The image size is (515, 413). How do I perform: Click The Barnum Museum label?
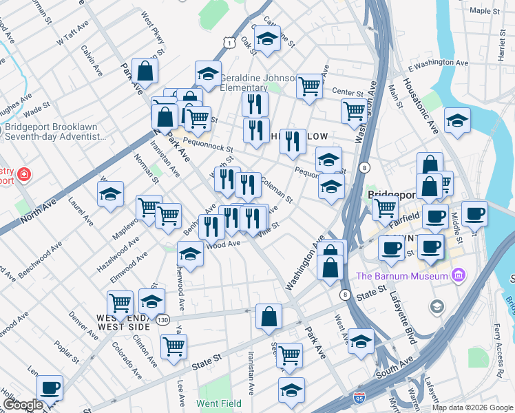[401, 277]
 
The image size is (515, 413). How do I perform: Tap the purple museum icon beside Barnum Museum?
[458, 277]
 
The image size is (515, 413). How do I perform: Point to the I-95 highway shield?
[359, 399]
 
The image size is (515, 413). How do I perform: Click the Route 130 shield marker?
[162, 320]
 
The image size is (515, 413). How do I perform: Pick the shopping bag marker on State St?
[269, 317]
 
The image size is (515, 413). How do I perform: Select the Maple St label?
[485, 12]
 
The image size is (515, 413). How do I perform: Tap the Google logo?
[23, 405]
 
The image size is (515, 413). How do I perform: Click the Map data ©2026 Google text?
[472, 407]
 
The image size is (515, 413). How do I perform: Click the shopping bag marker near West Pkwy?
[145, 71]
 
